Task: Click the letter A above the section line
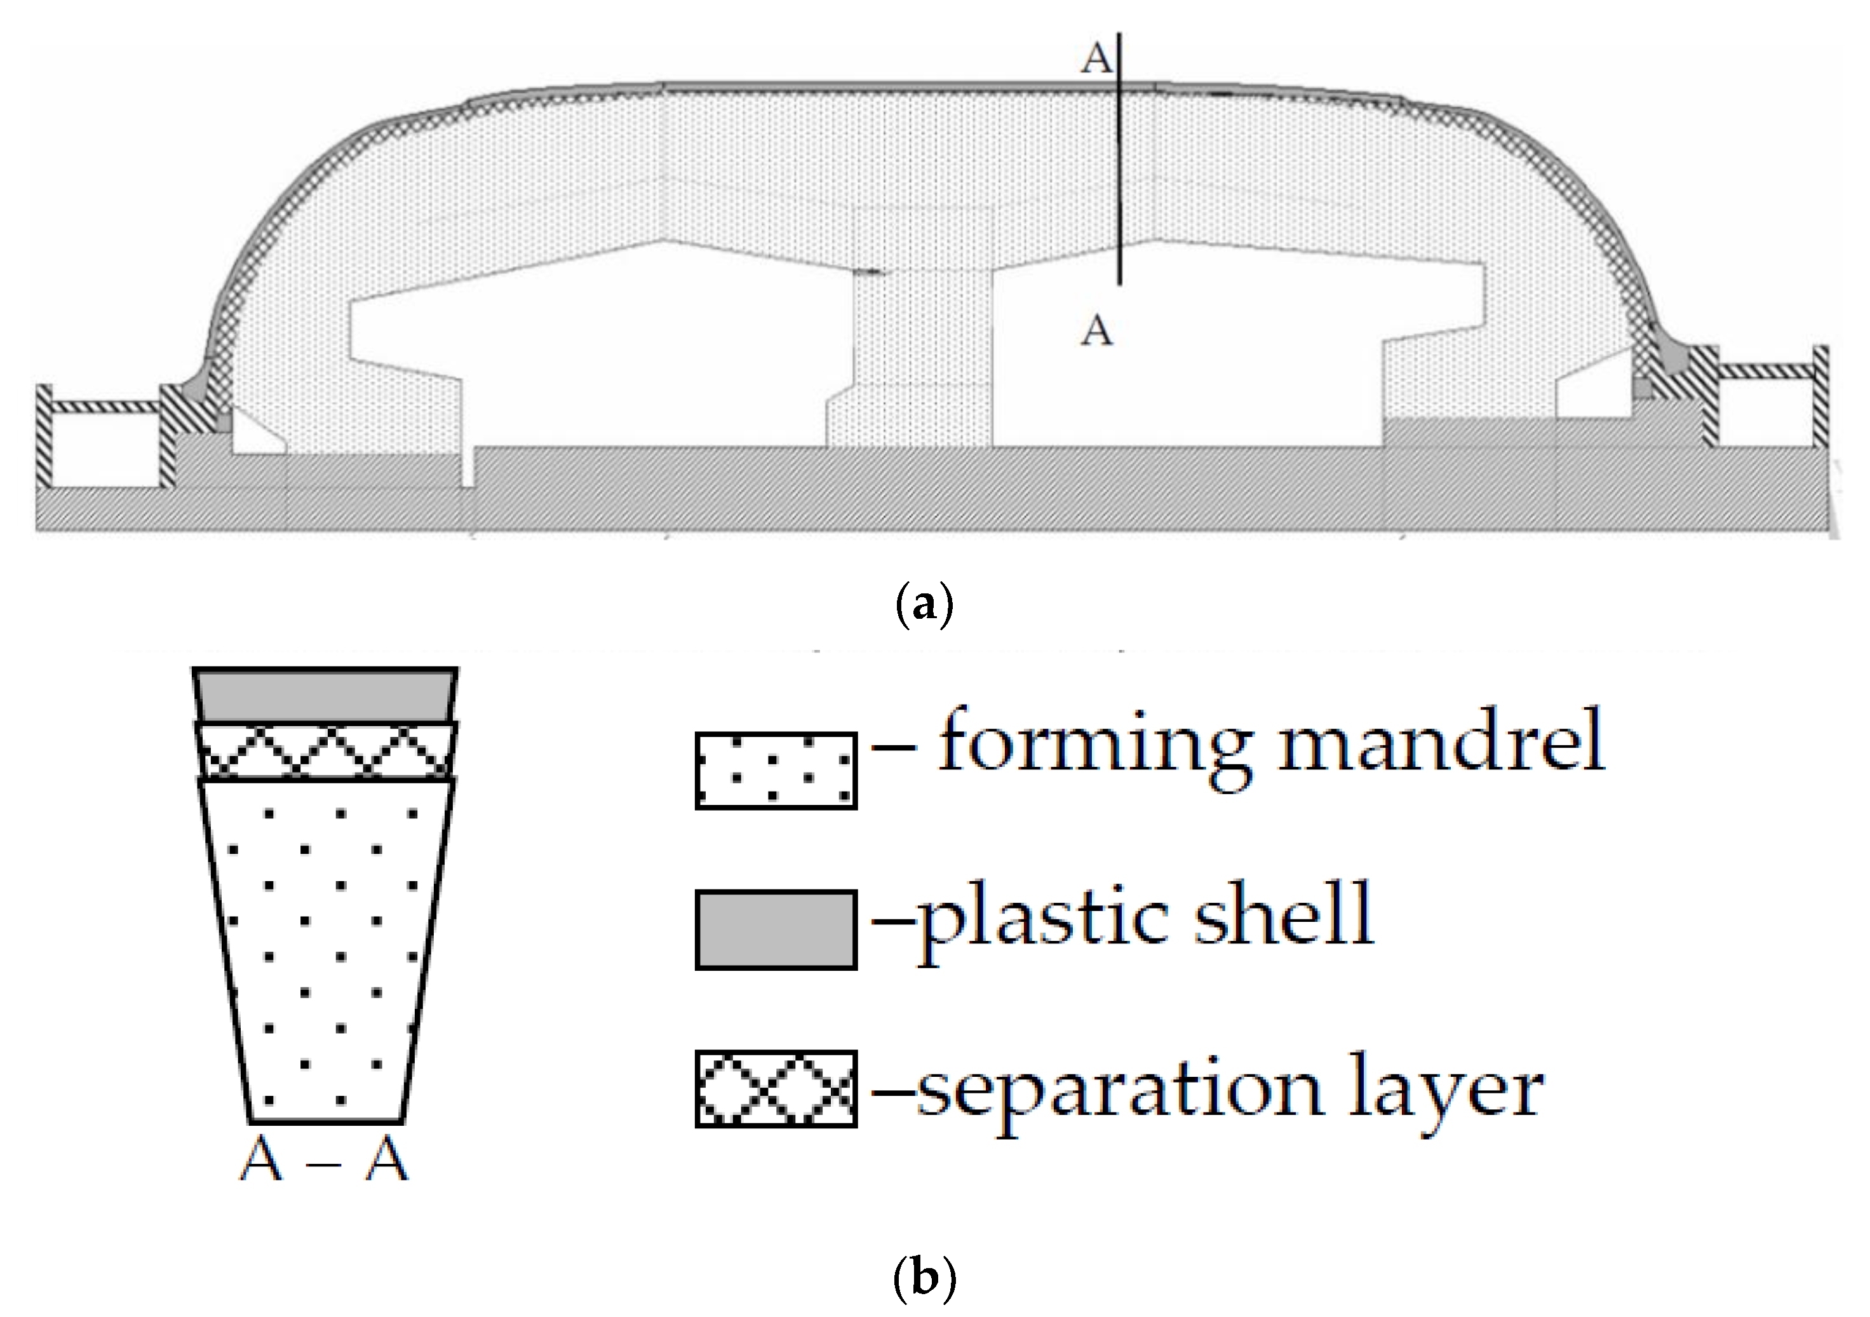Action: click(1096, 58)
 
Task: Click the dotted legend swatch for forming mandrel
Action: click(776, 771)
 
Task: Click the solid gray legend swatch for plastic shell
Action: click(776, 930)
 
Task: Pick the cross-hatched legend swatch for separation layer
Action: click(776, 1089)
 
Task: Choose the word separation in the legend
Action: click(1124, 1091)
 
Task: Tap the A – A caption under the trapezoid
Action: click(323, 1160)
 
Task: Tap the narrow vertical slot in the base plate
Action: click(467, 468)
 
